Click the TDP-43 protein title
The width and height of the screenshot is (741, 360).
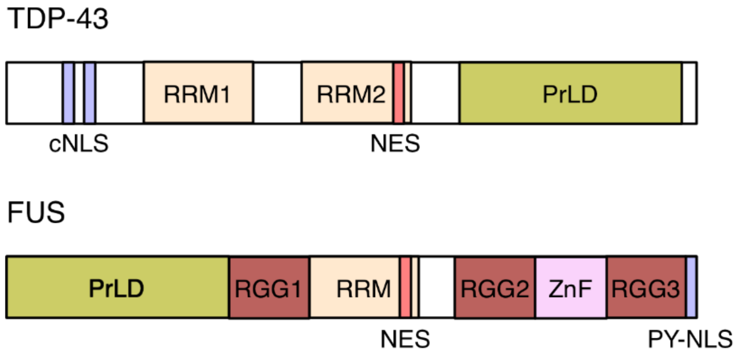[x=58, y=19]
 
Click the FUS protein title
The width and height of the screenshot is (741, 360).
[x=36, y=212]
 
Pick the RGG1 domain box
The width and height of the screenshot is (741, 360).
[x=269, y=288]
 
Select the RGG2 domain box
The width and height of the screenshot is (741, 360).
[x=495, y=288]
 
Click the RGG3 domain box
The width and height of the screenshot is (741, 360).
[x=646, y=288]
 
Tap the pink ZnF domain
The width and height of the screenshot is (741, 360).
[x=570, y=288]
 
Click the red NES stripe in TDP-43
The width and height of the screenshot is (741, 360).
[x=399, y=93]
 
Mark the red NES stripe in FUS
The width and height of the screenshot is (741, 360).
[x=405, y=288]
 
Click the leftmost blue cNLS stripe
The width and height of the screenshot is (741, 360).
[x=68, y=93]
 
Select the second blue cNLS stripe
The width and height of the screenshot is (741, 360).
[x=90, y=93]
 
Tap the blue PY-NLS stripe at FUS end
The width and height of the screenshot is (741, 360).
[x=691, y=288]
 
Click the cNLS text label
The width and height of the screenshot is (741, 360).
[x=79, y=144]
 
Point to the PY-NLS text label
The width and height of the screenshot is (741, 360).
[x=690, y=339]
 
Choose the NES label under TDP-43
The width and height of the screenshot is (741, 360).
[x=395, y=144]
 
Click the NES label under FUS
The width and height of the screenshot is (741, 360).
[x=405, y=339]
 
